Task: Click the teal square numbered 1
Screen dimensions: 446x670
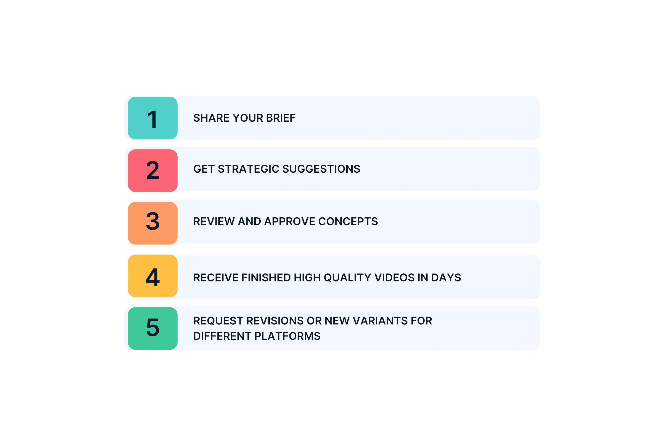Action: [x=153, y=118]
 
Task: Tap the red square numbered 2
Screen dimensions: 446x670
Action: [x=153, y=171]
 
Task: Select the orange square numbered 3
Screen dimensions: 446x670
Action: [x=153, y=223]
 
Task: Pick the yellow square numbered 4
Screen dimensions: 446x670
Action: [x=153, y=276]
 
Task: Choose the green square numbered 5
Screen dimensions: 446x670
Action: [x=153, y=329]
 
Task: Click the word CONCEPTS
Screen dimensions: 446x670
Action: [x=348, y=222]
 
